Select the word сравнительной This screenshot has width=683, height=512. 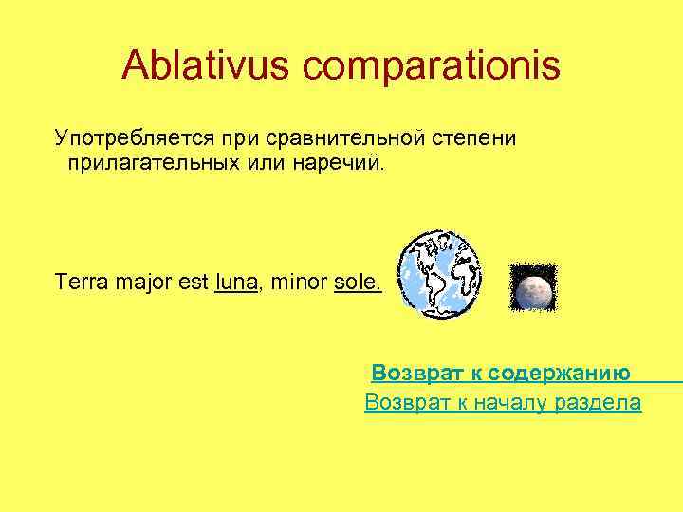335,139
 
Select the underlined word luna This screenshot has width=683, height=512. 235,283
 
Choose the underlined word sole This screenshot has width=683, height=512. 357,283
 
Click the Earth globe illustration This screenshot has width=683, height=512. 439,274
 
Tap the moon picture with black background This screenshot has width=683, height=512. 532,288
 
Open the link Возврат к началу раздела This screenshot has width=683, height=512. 503,403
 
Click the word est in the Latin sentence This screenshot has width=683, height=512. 193,283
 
